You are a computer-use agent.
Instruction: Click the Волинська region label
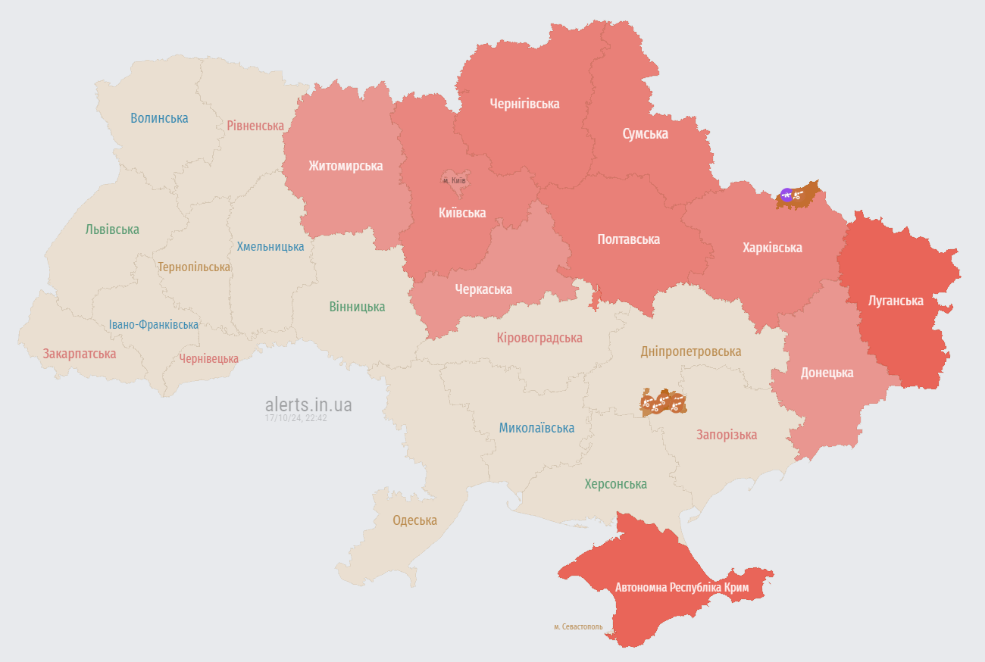(159, 117)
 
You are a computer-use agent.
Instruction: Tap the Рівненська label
(255, 125)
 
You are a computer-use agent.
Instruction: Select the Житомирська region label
(346, 165)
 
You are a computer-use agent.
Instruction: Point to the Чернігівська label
(524, 103)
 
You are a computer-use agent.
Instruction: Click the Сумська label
(645, 133)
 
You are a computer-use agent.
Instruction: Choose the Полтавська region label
(628, 239)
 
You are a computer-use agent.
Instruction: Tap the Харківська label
(772, 247)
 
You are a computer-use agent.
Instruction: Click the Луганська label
(896, 300)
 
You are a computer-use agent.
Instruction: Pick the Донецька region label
(827, 372)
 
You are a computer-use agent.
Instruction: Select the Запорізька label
(727, 434)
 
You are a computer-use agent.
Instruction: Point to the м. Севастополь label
(578, 626)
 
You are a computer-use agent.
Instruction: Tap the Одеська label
(414, 520)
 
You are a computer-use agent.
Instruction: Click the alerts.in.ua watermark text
(308, 404)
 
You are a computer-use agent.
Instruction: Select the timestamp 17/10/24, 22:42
(295, 417)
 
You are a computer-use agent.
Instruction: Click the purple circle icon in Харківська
(786, 195)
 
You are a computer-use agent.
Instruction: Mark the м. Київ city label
(454, 180)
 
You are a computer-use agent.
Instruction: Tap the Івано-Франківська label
(153, 324)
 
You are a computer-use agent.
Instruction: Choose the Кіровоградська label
(539, 337)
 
